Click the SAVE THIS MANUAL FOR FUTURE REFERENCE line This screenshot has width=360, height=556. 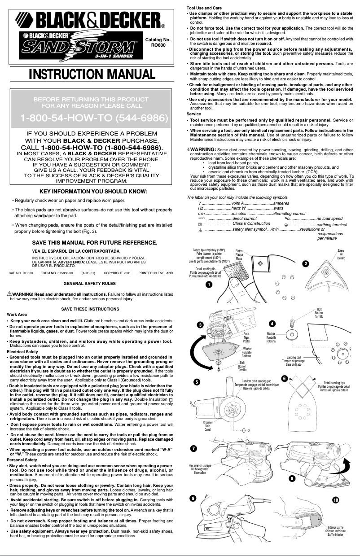(94, 243)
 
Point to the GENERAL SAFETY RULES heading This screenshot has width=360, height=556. (90, 284)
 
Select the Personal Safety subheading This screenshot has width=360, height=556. (22, 460)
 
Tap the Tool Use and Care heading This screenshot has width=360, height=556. (204, 8)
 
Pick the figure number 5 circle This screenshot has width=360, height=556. (197, 382)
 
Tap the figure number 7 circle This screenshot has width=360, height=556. (193, 448)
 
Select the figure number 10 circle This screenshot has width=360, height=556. (336, 499)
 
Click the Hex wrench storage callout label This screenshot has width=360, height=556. (200, 469)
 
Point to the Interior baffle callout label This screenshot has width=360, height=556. (335, 531)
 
